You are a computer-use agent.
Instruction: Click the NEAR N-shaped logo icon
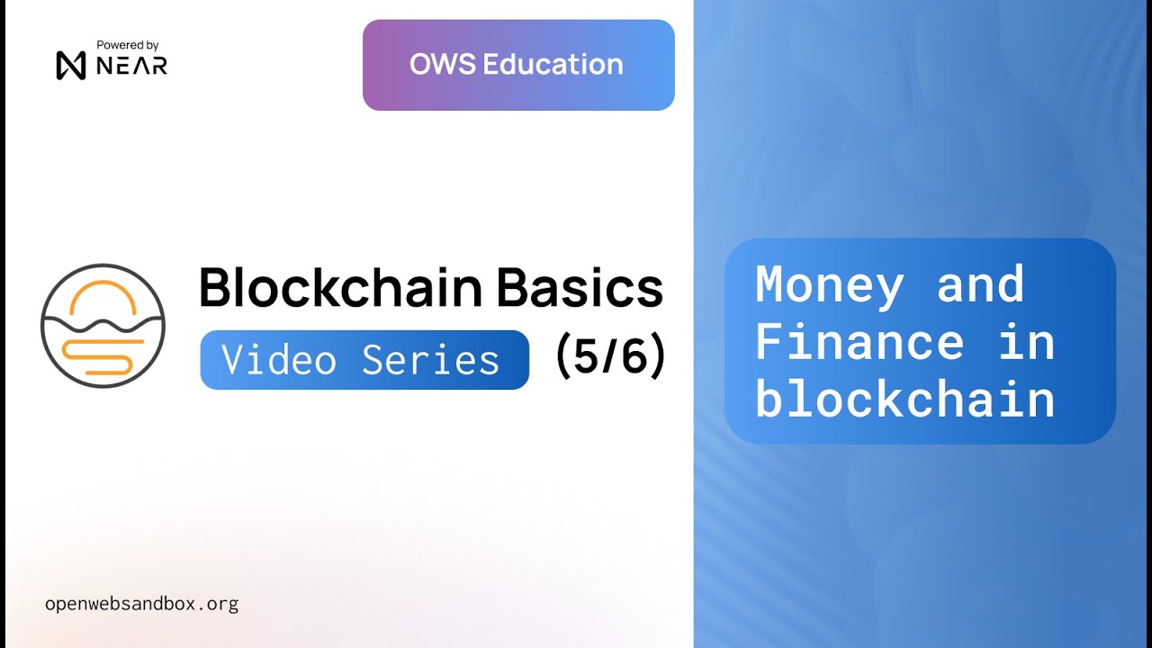click(x=70, y=65)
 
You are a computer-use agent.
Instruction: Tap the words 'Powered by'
click(x=127, y=45)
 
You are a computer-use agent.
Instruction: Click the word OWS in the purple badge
click(x=442, y=64)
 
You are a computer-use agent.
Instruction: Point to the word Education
click(x=553, y=64)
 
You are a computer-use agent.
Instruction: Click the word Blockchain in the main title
click(x=341, y=287)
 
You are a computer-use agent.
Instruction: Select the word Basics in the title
click(x=580, y=287)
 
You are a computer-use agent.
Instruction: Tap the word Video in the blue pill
click(x=279, y=360)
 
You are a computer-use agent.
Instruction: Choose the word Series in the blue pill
click(x=430, y=360)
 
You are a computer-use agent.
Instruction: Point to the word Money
click(x=830, y=286)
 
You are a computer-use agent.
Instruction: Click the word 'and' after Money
click(x=980, y=284)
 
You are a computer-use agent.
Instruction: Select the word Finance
click(x=859, y=342)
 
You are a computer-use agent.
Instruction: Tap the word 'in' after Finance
click(x=1026, y=342)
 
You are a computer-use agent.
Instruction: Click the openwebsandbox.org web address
click(x=141, y=603)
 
